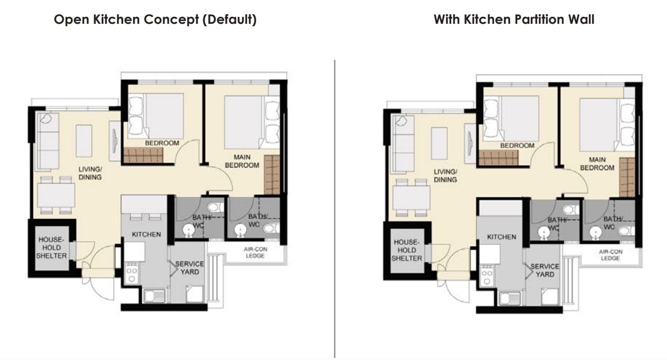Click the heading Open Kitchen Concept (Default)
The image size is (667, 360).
pos(155,20)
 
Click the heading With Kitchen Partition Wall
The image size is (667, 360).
pos(514,20)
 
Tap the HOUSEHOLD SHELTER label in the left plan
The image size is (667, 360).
pos(52,248)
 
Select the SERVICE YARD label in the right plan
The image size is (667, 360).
pos(544,270)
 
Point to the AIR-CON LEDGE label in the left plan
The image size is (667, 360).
pos(255,253)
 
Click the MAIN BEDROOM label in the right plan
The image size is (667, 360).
pos(597,164)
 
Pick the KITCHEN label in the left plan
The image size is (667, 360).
pos(146,234)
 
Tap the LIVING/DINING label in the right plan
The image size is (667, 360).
pos(445,176)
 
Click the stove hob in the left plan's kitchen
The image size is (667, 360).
pos(131,272)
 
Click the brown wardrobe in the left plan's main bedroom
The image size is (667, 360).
pos(272,175)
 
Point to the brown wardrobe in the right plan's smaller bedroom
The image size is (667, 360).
pos(499,157)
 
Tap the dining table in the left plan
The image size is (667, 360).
pos(56,195)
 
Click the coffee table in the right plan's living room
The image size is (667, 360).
pos(439,143)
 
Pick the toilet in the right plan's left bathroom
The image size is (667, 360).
pos(571,210)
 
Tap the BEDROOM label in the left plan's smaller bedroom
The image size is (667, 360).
pos(162,143)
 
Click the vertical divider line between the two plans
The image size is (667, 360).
pos(335,209)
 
